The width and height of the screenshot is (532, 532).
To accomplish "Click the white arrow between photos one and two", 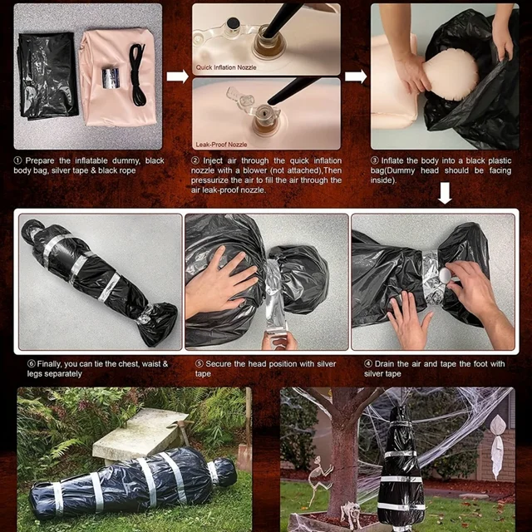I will pos(177,76).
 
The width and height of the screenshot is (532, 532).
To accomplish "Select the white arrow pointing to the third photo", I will pos(356,76).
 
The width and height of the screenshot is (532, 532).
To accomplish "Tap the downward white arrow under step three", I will pos(445,194).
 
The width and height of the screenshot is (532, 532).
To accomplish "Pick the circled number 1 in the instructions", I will pos(18,160).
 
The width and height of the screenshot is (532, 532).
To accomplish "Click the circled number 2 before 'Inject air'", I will pos(195,160).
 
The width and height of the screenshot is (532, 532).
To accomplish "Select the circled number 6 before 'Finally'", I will pos(32,363).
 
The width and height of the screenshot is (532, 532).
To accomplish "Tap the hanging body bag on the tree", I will pos(401,469).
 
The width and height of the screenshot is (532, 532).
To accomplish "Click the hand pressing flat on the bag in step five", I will pos(218,286).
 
